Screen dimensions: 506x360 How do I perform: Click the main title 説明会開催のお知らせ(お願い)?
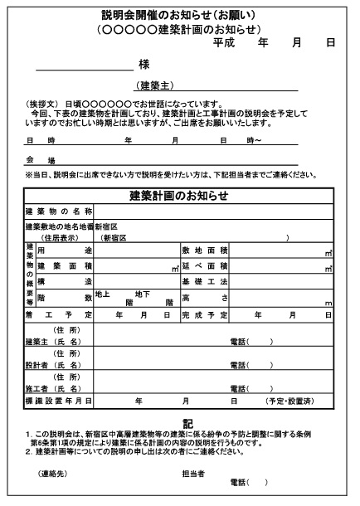(x=179, y=15)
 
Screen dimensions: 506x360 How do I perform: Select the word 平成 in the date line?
(x=225, y=41)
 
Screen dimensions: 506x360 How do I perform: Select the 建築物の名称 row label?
(x=58, y=212)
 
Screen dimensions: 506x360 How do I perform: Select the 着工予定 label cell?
(x=58, y=315)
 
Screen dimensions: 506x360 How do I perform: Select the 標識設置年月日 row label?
(x=58, y=401)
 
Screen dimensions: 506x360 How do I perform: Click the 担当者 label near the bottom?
(x=193, y=474)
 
